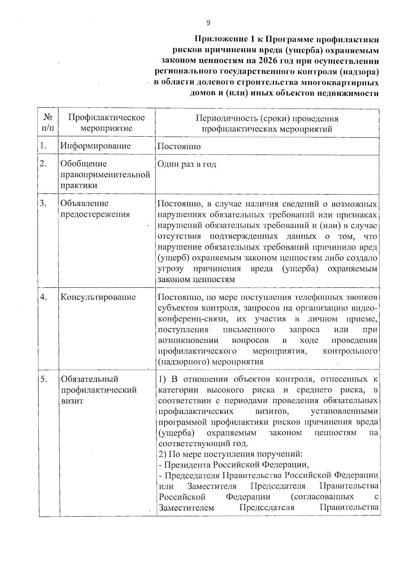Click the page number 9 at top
click(208, 23)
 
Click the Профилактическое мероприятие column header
click(106, 123)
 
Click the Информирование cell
click(96, 146)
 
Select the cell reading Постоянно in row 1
click(179, 146)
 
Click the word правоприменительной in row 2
click(105, 175)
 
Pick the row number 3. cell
click(43, 203)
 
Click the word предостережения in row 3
click(95, 214)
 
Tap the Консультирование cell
click(98, 297)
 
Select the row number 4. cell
click(43, 297)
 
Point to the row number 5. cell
click(43, 379)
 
